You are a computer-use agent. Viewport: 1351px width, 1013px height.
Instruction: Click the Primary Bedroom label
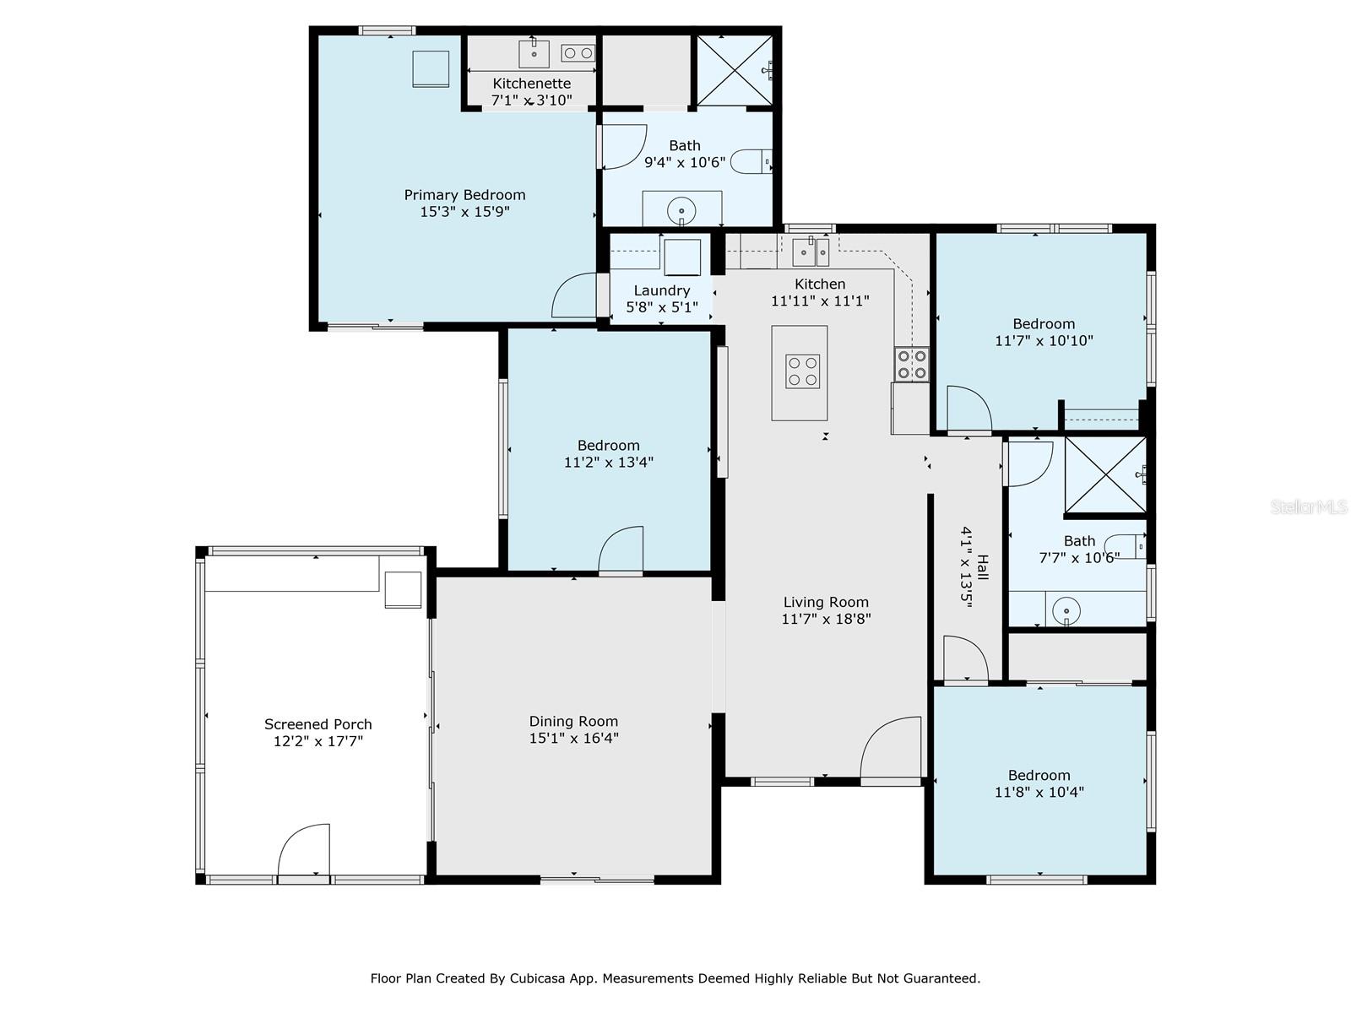coord(464,195)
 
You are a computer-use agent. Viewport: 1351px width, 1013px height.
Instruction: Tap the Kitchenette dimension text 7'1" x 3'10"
coord(531,100)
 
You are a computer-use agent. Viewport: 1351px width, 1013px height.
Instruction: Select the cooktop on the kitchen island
coord(803,371)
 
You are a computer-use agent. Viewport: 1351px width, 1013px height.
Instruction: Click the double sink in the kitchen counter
coord(811,252)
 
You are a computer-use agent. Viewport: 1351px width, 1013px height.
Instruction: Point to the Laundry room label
coord(662,290)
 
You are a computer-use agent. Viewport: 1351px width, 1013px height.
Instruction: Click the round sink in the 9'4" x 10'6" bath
coord(681,212)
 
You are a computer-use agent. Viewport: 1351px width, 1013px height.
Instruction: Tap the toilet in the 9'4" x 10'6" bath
coord(751,161)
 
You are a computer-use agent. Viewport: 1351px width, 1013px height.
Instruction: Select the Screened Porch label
coord(318,724)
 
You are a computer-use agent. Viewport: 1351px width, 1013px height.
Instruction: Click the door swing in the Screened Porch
coord(303,849)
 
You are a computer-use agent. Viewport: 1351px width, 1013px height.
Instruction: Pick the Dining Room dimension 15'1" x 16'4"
coord(573,738)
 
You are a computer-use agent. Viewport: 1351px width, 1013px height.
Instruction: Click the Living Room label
coord(826,602)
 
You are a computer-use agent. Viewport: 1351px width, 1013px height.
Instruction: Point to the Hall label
coord(983,567)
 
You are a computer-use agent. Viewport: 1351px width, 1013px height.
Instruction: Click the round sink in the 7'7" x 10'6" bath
coord(1066,610)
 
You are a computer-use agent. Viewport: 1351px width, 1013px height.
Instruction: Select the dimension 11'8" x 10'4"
coord(1039,792)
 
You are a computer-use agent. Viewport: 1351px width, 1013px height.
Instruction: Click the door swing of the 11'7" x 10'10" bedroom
coord(969,408)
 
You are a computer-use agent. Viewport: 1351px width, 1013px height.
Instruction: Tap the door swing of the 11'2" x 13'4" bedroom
coord(621,549)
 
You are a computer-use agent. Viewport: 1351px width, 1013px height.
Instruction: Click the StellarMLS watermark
coord(1309,506)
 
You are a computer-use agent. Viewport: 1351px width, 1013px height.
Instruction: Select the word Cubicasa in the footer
coord(535,978)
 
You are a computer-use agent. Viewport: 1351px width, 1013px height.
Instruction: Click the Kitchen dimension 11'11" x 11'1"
coord(820,301)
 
